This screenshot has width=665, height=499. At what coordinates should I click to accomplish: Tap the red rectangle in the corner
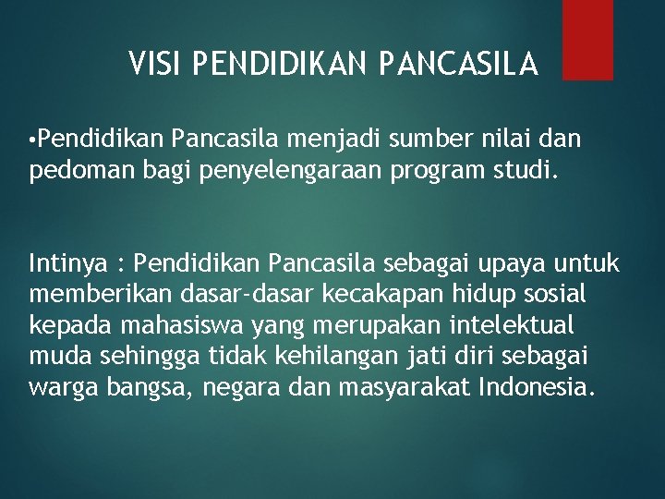(x=587, y=39)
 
